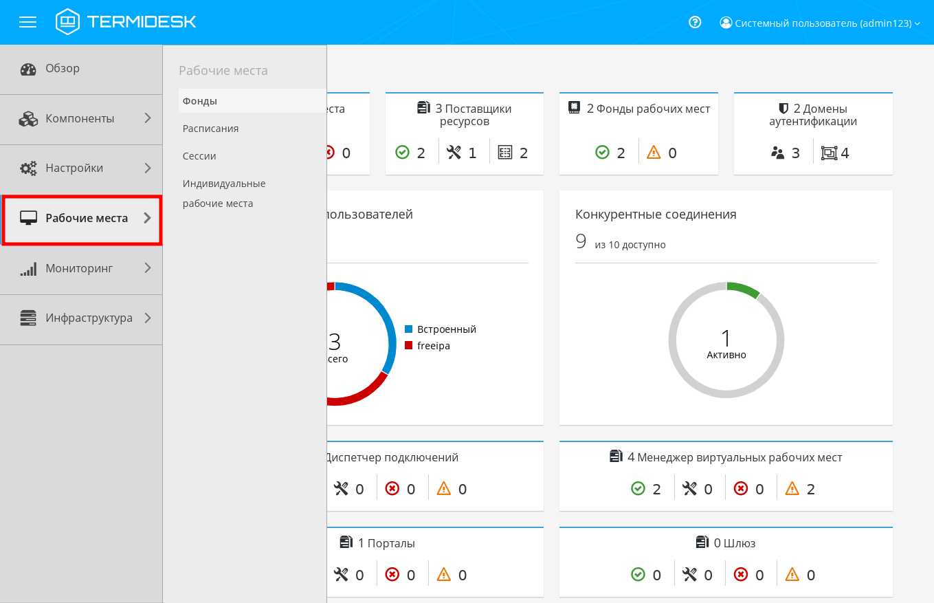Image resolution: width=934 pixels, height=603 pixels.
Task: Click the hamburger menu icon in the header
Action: (27, 22)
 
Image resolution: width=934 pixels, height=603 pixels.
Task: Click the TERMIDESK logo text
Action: (141, 22)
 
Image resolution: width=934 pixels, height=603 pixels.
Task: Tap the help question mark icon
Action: (695, 22)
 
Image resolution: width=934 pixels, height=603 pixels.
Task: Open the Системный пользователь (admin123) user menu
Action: (820, 23)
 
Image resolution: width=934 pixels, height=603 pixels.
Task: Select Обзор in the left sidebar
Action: (63, 69)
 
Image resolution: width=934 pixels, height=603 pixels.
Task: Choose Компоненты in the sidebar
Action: (80, 118)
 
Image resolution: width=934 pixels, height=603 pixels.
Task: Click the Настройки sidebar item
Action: (74, 168)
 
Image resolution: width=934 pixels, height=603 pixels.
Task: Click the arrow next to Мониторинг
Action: (147, 268)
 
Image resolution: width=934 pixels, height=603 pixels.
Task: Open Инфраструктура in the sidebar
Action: (89, 318)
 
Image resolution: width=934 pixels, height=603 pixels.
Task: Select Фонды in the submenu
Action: (200, 101)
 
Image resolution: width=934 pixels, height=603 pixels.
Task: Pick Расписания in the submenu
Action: (211, 129)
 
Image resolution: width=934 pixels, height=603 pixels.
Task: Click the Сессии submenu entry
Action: (199, 156)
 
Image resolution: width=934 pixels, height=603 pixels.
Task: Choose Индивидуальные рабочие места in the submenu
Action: (224, 193)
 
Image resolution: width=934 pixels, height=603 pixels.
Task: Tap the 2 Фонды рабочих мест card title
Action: (647, 109)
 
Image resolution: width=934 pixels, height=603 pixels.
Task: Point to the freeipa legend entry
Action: (433, 346)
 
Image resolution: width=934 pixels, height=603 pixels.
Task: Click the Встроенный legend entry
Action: (446, 329)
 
